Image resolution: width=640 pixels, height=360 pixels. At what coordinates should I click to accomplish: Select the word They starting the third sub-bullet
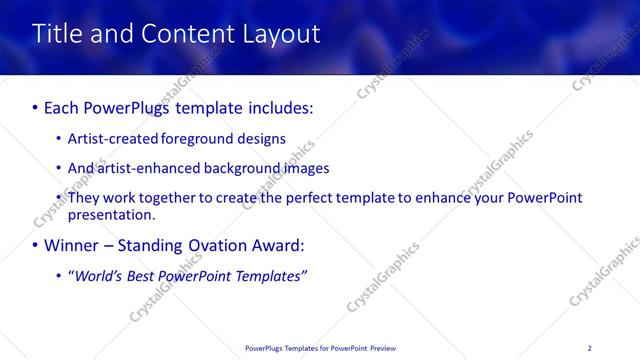(84, 198)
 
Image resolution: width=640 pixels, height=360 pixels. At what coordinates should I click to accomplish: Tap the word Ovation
(217, 245)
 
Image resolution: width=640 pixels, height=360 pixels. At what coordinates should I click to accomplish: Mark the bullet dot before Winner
(36, 246)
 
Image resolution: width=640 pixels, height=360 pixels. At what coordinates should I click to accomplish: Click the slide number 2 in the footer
(589, 347)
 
